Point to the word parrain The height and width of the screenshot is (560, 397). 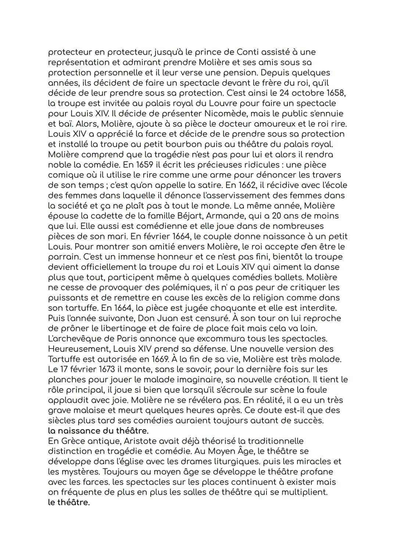pyautogui.click(x=64, y=257)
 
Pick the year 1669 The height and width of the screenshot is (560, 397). pyautogui.click(x=157, y=359)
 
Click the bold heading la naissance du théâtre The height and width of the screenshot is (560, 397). pyautogui.click(x=98, y=431)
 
